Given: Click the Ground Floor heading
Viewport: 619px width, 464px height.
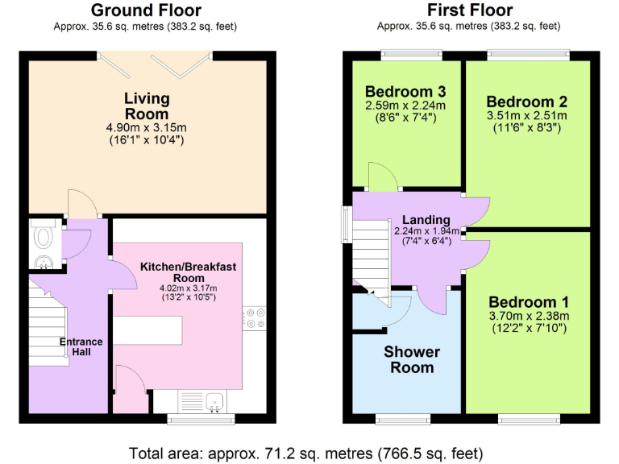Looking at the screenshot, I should point(146,10).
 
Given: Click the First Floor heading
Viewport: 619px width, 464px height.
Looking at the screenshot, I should point(470,10).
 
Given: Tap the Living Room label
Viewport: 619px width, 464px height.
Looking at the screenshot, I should point(147,106).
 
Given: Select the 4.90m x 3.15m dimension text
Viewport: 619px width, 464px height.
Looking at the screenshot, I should point(147,127).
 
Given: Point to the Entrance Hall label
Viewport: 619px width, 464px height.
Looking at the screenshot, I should point(81,346).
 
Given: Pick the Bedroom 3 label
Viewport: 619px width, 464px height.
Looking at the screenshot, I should point(405,90).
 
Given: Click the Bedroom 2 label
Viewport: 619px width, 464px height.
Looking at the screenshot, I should point(526,101).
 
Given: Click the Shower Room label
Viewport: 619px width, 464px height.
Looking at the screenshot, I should point(411,359).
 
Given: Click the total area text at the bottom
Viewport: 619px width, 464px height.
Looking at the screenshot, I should point(306,452).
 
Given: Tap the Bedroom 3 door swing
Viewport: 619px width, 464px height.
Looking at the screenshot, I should point(379,176).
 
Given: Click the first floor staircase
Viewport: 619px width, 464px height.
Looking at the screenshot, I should point(372,254).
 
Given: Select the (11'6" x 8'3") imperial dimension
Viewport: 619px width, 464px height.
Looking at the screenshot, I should point(526,128).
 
